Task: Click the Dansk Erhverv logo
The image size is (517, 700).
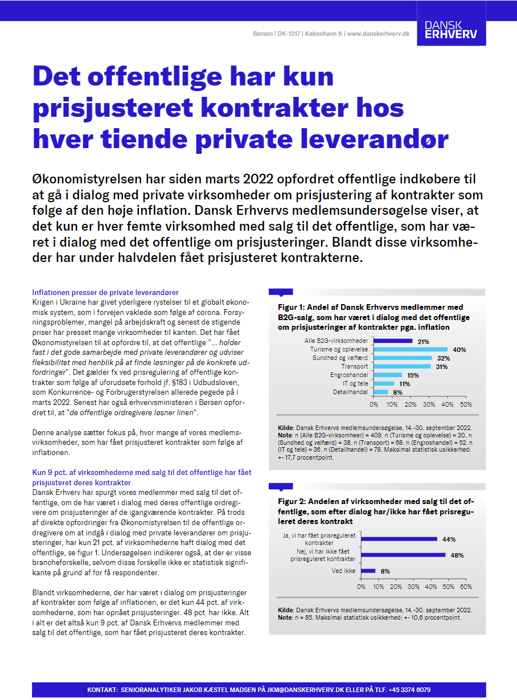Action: (x=451, y=31)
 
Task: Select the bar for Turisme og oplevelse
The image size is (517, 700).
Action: (x=411, y=349)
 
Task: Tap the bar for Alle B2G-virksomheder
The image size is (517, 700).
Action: (x=393, y=341)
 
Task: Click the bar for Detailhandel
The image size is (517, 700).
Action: (x=381, y=392)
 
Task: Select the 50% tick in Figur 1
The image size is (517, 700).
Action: (x=466, y=404)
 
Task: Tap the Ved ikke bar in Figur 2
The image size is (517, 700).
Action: (x=368, y=571)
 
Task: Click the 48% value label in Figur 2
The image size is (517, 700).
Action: (x=457, y=555)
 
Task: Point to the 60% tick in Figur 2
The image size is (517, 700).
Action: (x=466, y=586)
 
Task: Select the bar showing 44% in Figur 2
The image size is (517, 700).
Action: (x=399, y=539)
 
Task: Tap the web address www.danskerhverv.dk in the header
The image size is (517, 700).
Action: (x=378, y=34)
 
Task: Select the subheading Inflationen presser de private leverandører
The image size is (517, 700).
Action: (x=105, y=292)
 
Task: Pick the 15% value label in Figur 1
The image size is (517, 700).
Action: (x=413, y=375)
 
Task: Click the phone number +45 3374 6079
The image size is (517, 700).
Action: (x=409, y=690)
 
